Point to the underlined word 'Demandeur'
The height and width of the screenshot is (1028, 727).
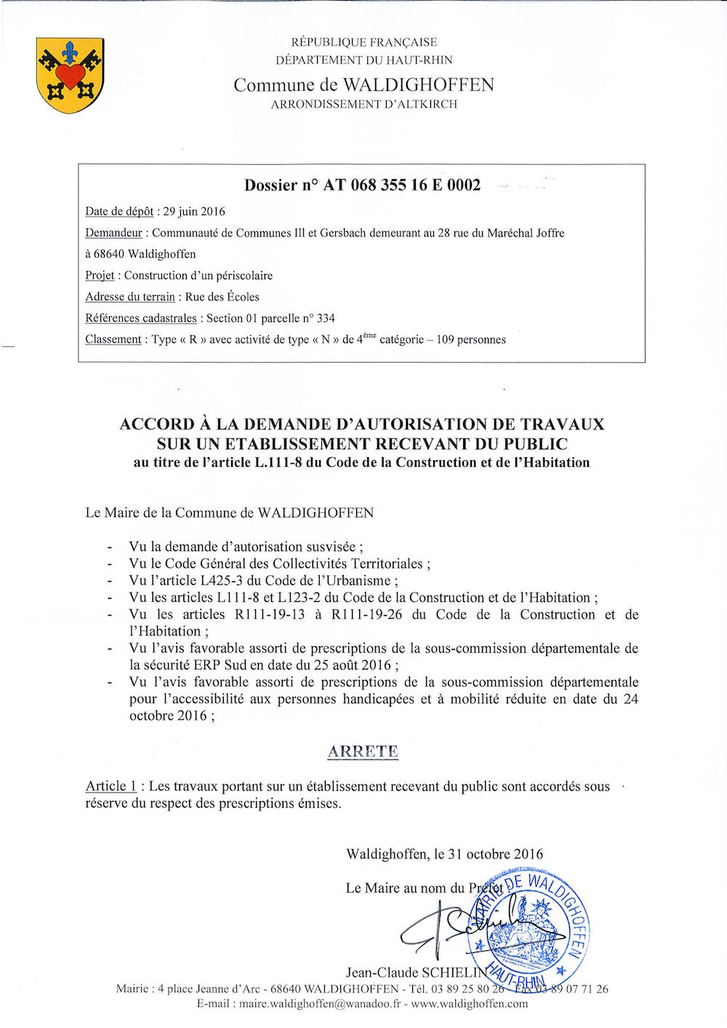pyautogui.click(x=113, y=233)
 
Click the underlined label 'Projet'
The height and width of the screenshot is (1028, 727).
pyautogui.click(x=101, y=276)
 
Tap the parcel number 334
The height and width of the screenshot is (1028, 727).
pyautogui.click(x=326, y=318)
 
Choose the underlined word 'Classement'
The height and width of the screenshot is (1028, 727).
pyautogui.click(x=113, y=340)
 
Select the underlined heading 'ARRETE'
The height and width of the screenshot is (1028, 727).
pyautogui.click(x=363, y=752)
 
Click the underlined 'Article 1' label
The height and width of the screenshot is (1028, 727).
pyautogui.click(x=111, y=787)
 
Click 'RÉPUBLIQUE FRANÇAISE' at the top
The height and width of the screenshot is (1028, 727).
pyautogui.click(x=363, y=43)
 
